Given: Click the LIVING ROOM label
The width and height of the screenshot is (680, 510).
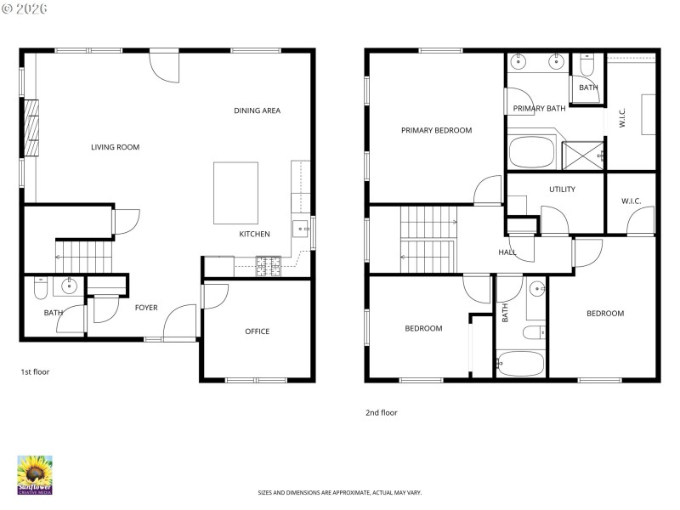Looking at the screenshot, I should click(115, 147).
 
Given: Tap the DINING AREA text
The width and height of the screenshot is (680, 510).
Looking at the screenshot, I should click(257, 110).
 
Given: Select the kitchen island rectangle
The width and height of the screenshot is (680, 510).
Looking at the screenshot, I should click(235, 192).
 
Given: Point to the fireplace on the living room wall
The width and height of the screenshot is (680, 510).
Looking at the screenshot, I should click(32, 127).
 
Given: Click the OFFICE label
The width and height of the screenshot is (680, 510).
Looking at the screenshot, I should click(257, 331).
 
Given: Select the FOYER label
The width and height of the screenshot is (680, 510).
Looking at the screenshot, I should click(146, 308).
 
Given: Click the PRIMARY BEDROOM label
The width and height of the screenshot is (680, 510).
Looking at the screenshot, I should click(436, 130).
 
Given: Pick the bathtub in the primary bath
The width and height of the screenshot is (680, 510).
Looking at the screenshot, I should click(531, 154).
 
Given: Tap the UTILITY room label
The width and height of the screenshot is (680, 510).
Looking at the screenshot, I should click(562, 190).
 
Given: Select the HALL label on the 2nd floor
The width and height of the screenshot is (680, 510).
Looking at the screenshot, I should click(507, 252).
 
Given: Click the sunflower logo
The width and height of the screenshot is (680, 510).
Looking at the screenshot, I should click(35, 474).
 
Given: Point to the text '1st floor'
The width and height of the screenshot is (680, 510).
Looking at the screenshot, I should click(34, 371).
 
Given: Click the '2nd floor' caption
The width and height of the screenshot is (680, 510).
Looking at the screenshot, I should click(381, 412).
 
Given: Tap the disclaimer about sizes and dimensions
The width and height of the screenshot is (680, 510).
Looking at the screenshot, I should click(340, 492).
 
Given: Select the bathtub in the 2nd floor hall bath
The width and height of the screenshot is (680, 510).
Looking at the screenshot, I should click(520, 364).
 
